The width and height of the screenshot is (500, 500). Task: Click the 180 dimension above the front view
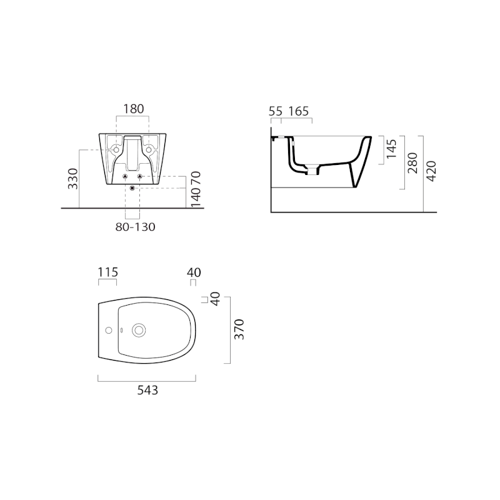click(x=132, y=109)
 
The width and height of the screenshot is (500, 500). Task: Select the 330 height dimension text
click(x=73, y=178)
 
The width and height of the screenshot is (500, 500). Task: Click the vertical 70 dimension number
click(x=196, y=178)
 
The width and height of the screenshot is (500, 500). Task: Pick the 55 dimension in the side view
click(x=276, y=111)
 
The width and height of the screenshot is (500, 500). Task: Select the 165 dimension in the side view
click(x=299, y=111)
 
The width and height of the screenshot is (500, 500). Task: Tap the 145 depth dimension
click(x=391, y=149)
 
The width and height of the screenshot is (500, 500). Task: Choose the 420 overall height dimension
click(x=431, y=171)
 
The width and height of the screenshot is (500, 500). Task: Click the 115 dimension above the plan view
click(x=107, y=272)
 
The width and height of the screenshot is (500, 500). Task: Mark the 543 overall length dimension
click(x=147, y=391)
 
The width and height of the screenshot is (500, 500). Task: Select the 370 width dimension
click(x=238, y=329)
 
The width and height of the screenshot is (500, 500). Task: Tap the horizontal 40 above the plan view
click(x=194, y=272)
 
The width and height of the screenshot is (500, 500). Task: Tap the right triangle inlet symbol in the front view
click(x=141, y=177)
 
